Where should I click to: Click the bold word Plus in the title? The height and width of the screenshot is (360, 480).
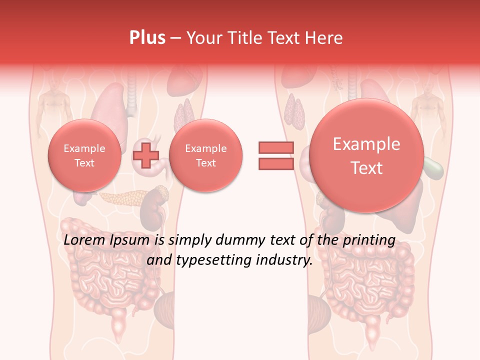click(x=147, y=38)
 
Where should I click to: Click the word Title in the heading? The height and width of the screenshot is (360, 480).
click(x=246, y=38)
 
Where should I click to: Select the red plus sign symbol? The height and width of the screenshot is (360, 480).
click(x=145, y=155)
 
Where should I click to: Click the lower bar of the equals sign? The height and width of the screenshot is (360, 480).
click(x=276, y=163)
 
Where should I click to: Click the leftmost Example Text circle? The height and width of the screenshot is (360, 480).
click(x=84, y=155)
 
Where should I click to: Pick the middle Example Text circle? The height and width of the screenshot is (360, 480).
click(x=205, y=155)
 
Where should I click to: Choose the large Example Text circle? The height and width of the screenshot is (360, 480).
click(x=366, y=155)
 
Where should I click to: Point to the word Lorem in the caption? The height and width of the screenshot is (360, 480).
click(x=85, y=240)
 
